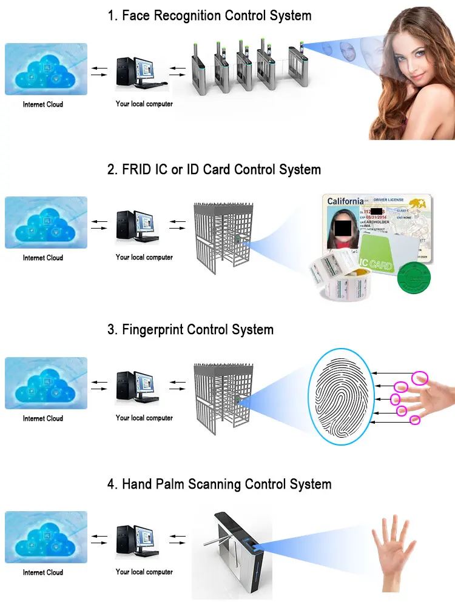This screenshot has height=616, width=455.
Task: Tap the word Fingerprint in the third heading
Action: pos(152,330)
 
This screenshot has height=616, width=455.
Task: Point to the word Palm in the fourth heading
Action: pos(186,484)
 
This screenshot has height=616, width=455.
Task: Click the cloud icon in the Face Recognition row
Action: pos(46,69)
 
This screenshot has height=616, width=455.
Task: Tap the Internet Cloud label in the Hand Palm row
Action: pos(43,572)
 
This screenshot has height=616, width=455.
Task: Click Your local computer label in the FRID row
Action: pos(144,257)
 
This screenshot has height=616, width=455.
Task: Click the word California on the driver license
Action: pos(345,201)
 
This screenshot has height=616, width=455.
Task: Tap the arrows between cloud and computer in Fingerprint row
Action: pos(99,386)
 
